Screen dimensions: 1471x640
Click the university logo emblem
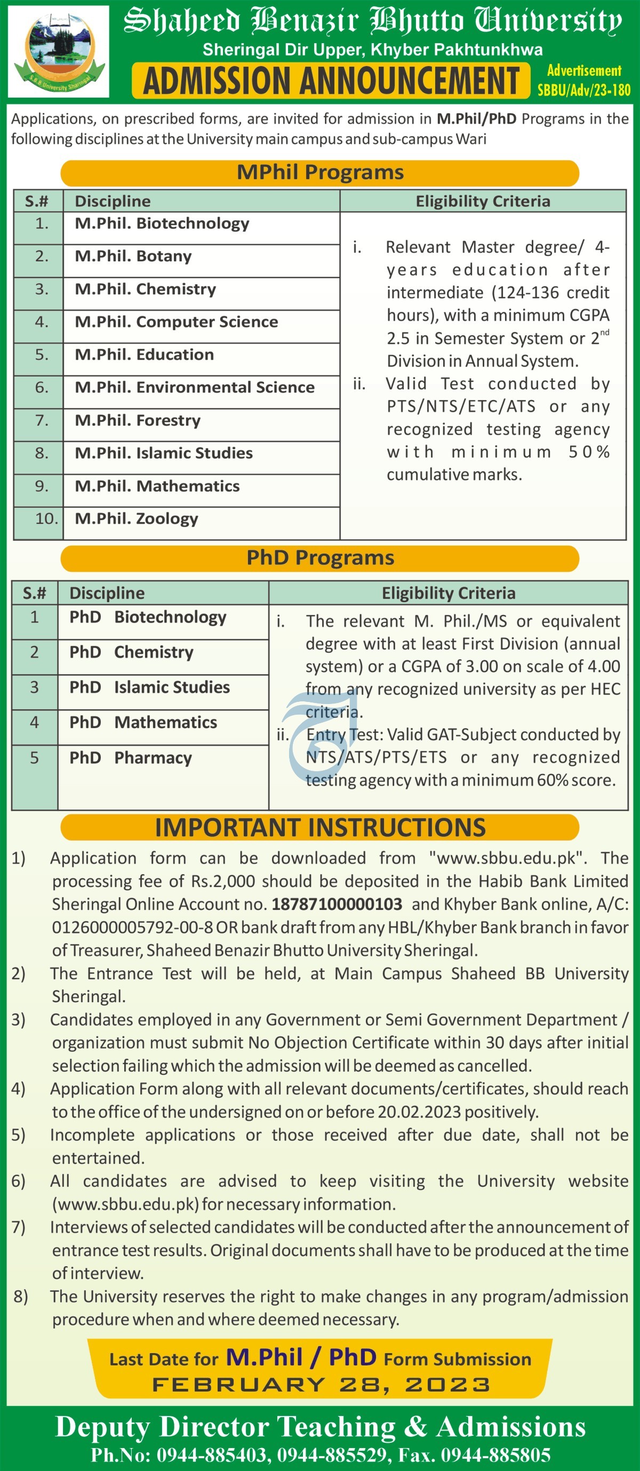(x=58, y=51)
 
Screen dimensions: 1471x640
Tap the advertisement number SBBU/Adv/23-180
(x=583, y=90)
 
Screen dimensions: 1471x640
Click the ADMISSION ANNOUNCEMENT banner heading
(x=331, y=81)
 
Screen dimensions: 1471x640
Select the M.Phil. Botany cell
(x=133, y=257)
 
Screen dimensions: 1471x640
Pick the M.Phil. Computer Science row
(x=177, y=322)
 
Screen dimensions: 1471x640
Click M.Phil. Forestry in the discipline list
(x=138, y=421)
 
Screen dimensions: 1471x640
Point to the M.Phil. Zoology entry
(x=137, y=519)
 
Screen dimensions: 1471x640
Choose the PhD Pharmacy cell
(x=130, y=758)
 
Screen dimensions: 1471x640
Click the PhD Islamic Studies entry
(x=149, y=687)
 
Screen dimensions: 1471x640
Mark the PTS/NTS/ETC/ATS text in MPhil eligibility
(x=461, y=406)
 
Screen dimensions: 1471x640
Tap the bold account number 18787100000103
(x=337, y=905)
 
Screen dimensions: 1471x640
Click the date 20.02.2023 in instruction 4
(x=419, y=1112)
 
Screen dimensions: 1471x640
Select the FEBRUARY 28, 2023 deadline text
(x=321, y=1385)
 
